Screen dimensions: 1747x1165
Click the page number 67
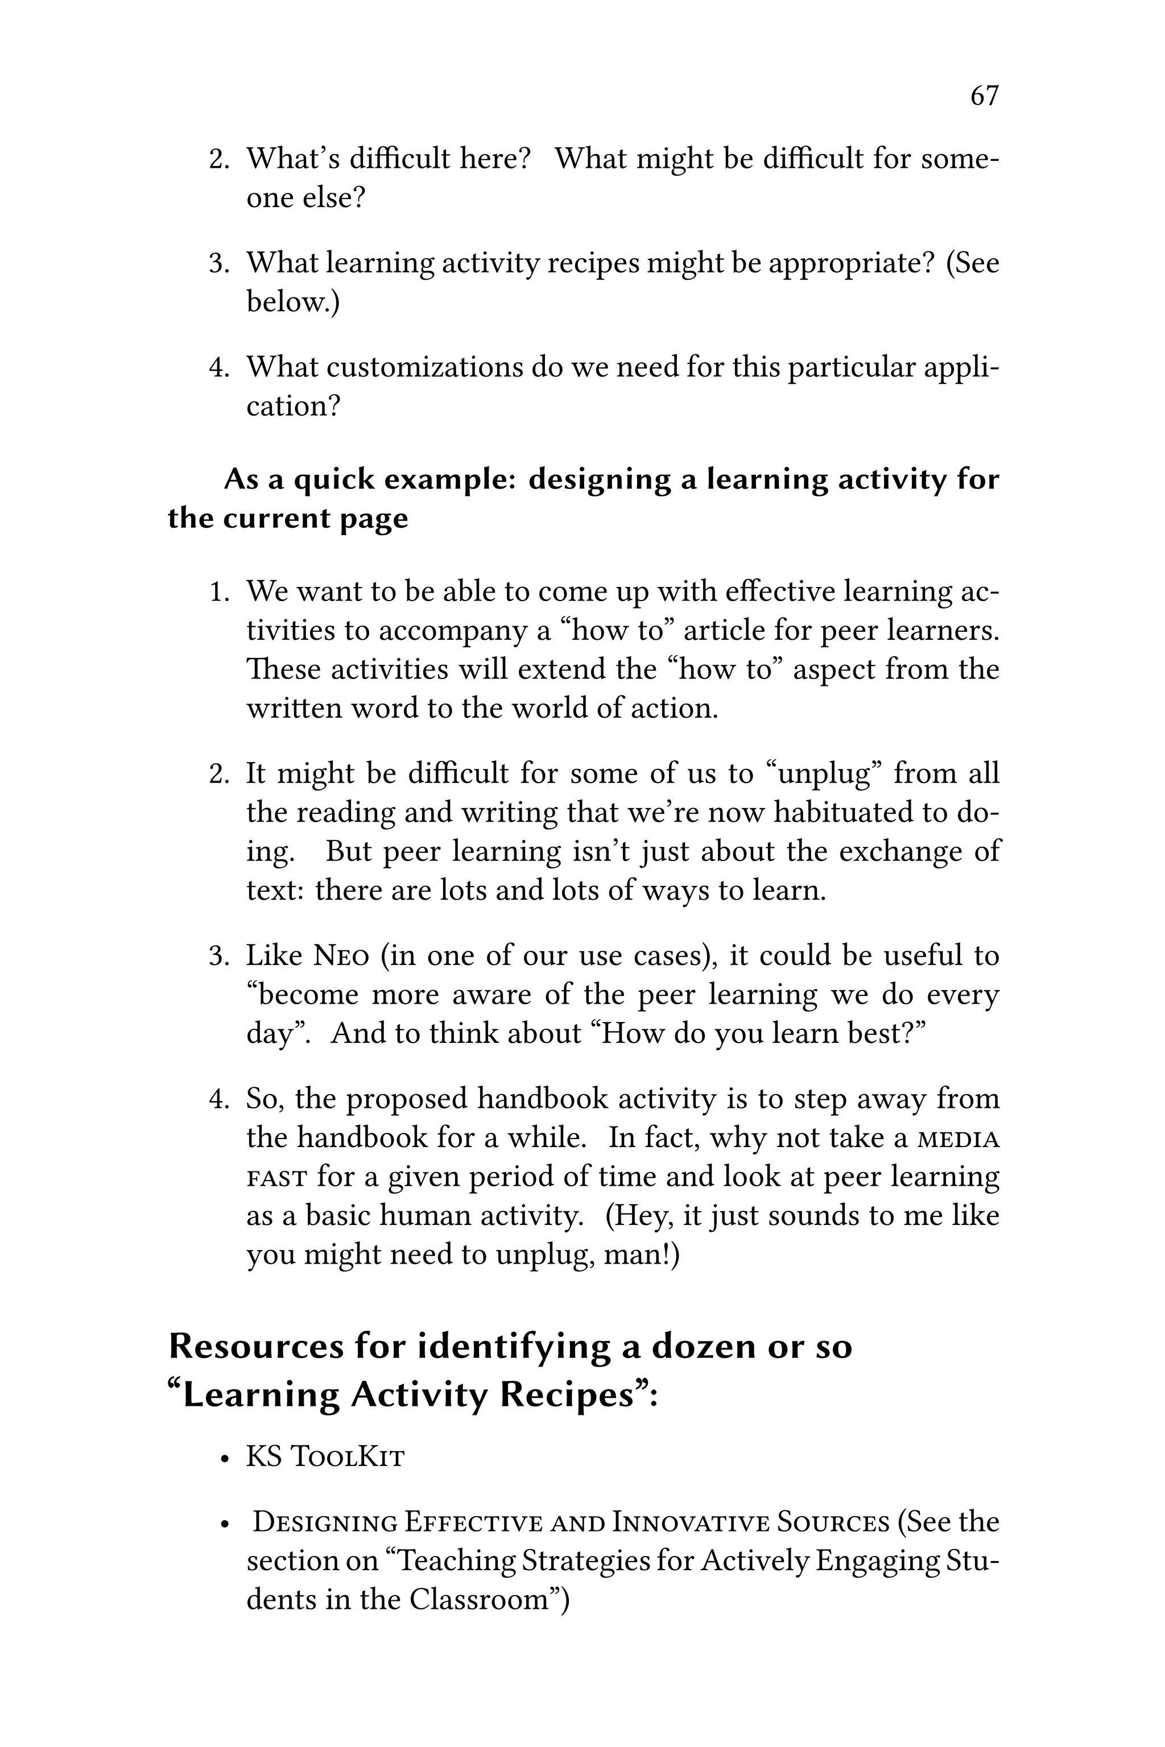[x=985, y=96]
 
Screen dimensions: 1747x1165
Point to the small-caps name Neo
[x=341, y=955]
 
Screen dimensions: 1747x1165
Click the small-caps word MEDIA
[x=959, y=1139]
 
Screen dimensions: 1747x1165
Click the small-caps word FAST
[x=276, y=1177]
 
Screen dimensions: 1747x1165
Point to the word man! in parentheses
[x=642, y=1255]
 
